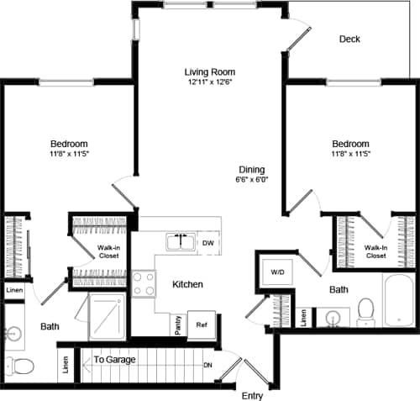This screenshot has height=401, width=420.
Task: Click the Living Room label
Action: point(210,71)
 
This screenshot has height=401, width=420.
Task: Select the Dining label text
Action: point(251,167)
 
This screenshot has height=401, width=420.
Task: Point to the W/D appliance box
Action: point(277,272)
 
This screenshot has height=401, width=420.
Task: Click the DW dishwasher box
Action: point(208,243)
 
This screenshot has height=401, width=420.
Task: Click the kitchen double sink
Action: point(181,242)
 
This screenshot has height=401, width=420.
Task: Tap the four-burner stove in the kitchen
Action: point(144,283)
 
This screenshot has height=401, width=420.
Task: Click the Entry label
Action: point(252,394)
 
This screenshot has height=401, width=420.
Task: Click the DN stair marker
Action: point(208,365)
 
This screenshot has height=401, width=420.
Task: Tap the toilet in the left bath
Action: point(20,367)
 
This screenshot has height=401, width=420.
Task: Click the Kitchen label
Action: point(187,285)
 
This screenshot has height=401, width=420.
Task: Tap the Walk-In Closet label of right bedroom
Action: point(375,251)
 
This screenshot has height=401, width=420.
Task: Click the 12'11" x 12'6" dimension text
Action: point(210,83)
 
